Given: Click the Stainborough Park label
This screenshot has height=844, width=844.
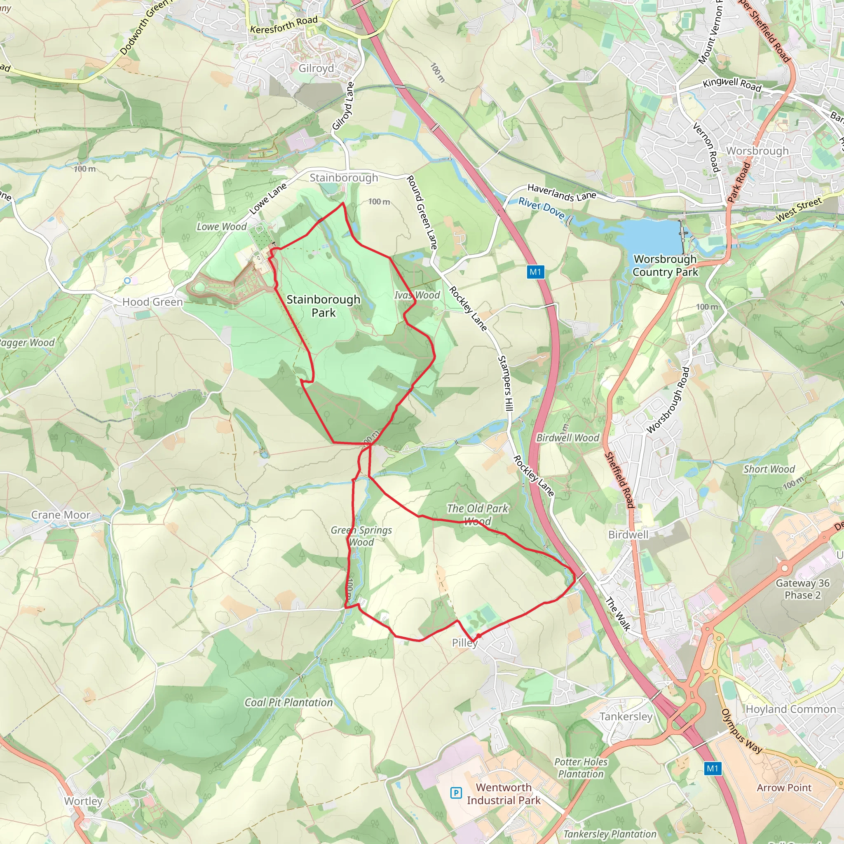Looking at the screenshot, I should [x=323, y=306].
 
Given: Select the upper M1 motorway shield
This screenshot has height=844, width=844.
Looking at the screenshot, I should [x=535, y=272].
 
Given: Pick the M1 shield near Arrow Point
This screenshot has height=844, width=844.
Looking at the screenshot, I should [x=712, y=768].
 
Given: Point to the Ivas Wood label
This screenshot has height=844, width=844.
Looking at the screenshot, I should [x=417, y=295].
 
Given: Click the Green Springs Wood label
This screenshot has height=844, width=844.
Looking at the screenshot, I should [x=361, y=536].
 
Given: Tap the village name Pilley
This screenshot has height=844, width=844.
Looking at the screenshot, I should [x=464, y=642].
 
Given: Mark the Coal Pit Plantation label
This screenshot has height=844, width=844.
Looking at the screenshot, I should [x=288, y=703].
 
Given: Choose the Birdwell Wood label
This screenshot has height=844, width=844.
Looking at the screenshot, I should [x=567, y=438].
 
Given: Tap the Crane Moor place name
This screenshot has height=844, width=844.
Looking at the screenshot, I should [x=61, y=515].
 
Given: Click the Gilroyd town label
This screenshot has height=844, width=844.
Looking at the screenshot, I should [x=316, y=68].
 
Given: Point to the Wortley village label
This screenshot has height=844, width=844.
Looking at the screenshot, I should [x=83, y=801].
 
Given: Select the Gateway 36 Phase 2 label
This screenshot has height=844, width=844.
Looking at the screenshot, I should [x=802, y=589].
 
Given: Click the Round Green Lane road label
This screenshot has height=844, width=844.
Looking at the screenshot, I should [x=422, y=212].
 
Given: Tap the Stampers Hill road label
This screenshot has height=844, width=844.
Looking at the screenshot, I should [x=505, y=383].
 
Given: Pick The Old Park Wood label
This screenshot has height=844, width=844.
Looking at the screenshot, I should [x=478, y=515].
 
